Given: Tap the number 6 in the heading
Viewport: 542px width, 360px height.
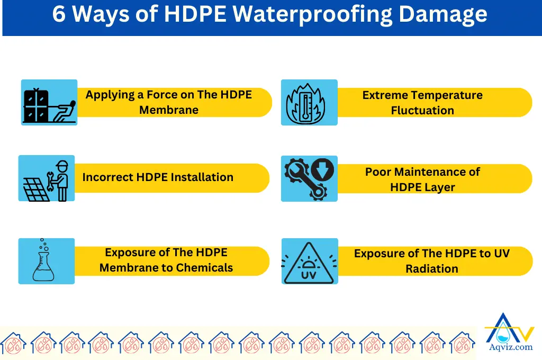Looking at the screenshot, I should click(x=59, y=15).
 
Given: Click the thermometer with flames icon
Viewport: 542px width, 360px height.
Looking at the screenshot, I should click(x=309, y=103).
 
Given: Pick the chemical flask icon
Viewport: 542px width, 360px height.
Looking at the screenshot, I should click(x=46, y=261).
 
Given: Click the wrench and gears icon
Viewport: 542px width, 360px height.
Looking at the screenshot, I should click(x=309, y=178).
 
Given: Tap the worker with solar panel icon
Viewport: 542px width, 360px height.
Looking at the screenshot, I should click(x=47, y=178).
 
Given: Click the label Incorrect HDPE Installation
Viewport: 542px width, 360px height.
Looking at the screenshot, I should click(x=158, y=177).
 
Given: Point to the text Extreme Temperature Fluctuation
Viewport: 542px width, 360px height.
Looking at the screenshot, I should click(x=422, y=103).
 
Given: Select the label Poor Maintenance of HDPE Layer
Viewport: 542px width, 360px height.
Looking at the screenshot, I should click(x=422, y=179).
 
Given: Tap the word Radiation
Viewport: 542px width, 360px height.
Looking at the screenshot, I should click(x=432, y=269).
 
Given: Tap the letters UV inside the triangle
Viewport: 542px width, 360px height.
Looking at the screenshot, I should click(x=308, y=275).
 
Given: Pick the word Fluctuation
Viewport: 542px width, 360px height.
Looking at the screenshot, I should click(x=422, y=111).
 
